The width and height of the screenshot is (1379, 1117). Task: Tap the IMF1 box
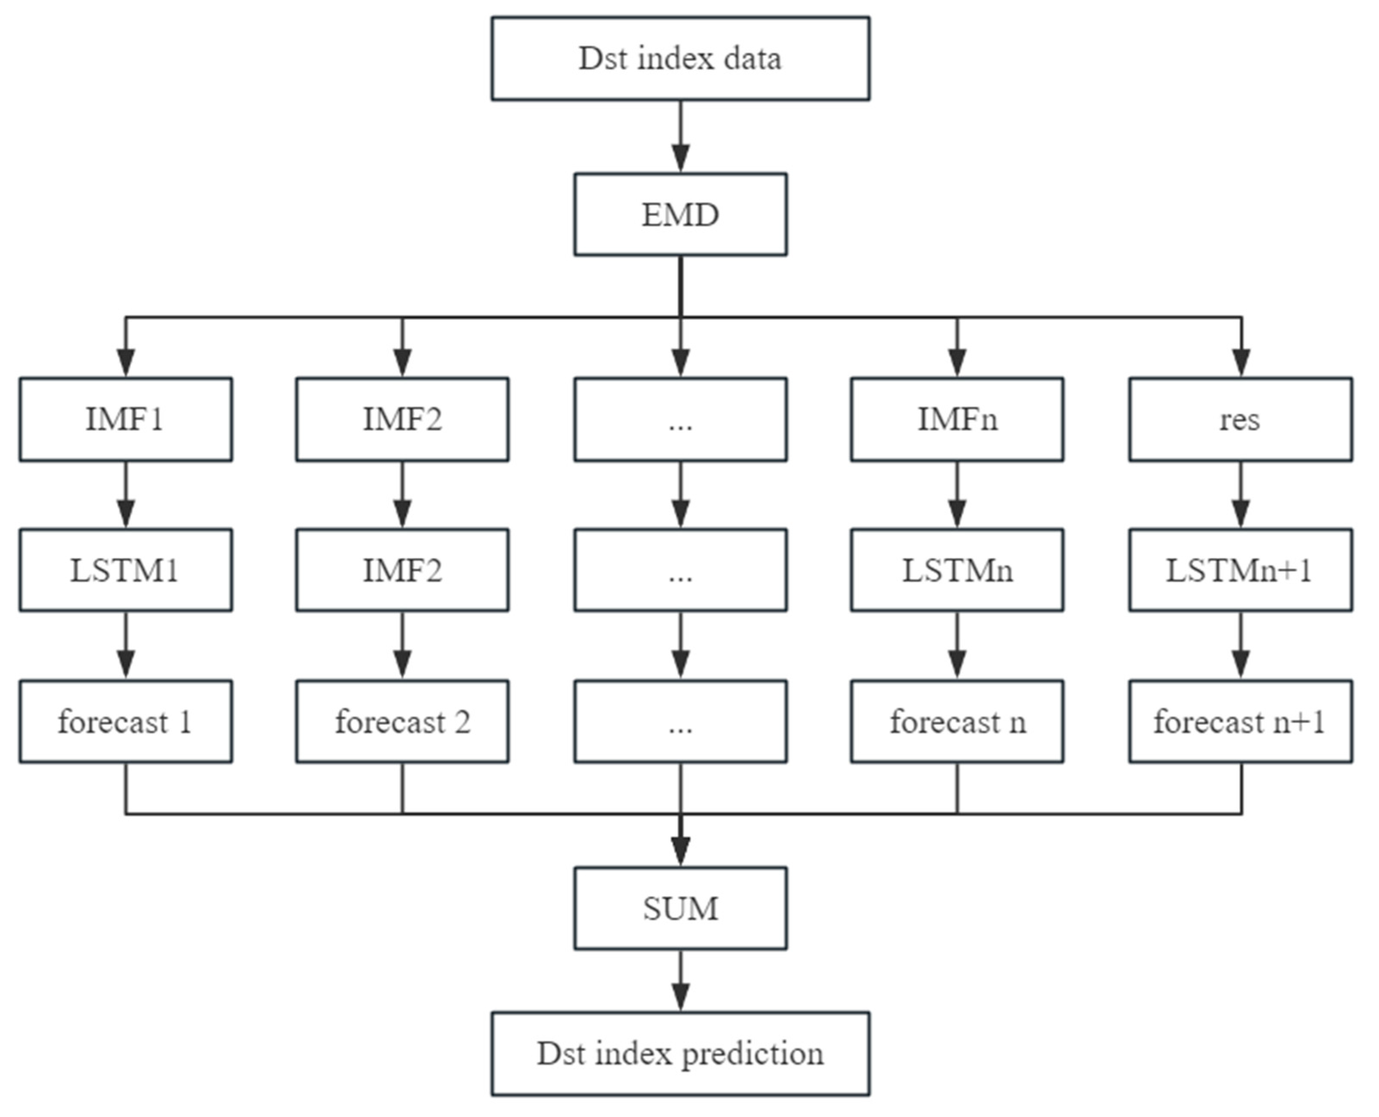tap(126, 420)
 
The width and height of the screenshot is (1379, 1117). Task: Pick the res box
tap(1240, 420)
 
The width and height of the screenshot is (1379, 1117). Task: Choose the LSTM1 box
tap(126, 570)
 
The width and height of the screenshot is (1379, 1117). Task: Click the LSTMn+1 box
tap(1240, 570)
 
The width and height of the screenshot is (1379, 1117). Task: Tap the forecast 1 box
tap(126, 721)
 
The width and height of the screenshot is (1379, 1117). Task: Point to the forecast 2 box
tap(402, 721)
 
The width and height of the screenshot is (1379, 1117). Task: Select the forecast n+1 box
tap(1240, 721)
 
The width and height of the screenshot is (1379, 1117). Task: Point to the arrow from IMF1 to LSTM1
tap(126, 495)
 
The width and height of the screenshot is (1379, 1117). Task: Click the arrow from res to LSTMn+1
tap(1240, 495)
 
